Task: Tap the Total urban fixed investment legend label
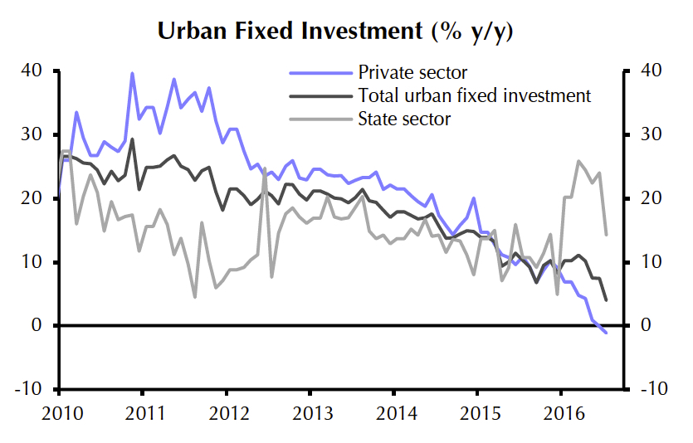[474, 95]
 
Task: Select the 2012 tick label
[226, 412]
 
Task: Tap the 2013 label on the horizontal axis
[310, 412]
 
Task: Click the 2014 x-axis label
[393, 412]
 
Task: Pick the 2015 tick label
[476, 412]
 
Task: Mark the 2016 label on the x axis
[560, 412]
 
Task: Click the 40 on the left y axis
[31, 71]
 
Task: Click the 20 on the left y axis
[31, 198]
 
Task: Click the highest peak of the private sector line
[132, 73]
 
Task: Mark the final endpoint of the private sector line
[607, 333]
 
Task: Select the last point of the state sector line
[607, 235]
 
